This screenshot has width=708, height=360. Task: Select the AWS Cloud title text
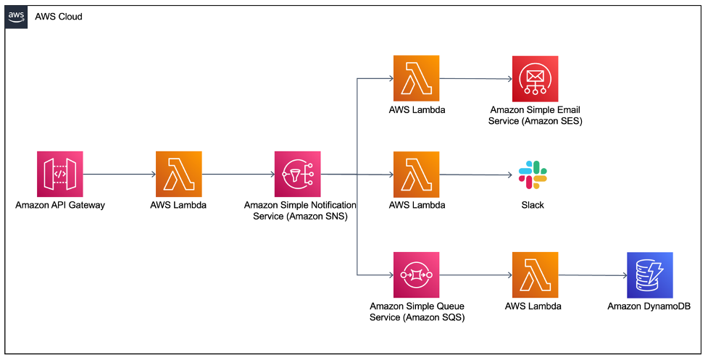click(x=59, y=17)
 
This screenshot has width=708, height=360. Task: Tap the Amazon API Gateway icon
click(x=60, y=175)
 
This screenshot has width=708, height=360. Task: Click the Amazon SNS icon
click(x=297, y=175)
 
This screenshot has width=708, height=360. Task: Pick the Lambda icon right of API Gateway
click(x=179, y=175)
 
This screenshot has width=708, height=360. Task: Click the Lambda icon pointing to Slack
click(x=416, y=175)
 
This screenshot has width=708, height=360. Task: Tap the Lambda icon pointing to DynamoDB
click(x=535, y=275)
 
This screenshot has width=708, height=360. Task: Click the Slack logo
click(x=533, y=175)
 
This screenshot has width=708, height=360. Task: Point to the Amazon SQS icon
click(x=416, y=275)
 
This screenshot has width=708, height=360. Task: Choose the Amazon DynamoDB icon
click(x=649, y=275)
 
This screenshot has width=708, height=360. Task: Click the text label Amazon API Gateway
click(x=60, y=205)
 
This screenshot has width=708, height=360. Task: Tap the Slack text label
click(x=533, y=205)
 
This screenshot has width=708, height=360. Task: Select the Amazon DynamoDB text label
click(x=649, y=306)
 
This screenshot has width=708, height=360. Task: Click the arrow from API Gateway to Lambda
click(x=120, y=175)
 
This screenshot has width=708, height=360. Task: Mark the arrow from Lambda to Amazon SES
click(x=475, y=79)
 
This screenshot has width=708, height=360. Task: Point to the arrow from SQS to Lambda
click(x=475, y=275)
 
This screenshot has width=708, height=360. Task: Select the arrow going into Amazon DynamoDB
click(x=592, y=275)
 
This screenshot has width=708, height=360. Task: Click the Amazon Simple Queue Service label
click(x=416, y=311)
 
